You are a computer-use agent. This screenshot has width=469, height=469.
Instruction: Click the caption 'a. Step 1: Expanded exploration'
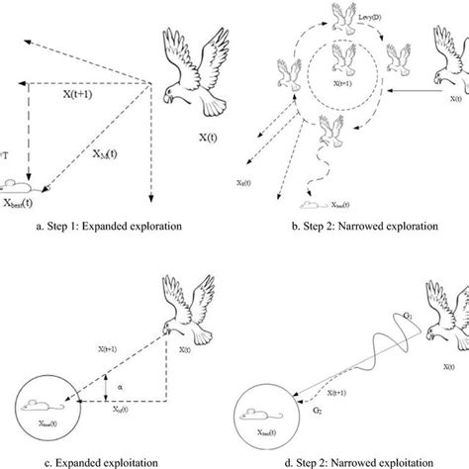coord(104,227)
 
